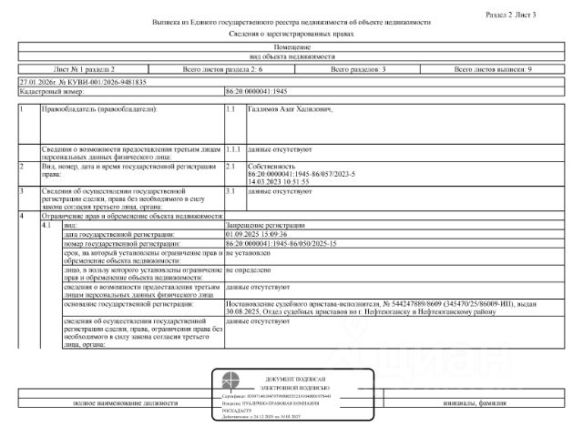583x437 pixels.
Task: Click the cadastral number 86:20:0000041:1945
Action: pos(257,92)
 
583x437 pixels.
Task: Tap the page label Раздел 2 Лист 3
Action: pos(537,15)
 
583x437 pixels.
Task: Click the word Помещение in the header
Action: pos(291,46)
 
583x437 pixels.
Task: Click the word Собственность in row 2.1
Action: pos(271,167)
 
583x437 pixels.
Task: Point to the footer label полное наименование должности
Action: pos(114,402)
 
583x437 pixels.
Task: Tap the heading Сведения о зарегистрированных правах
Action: pos(291,33)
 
